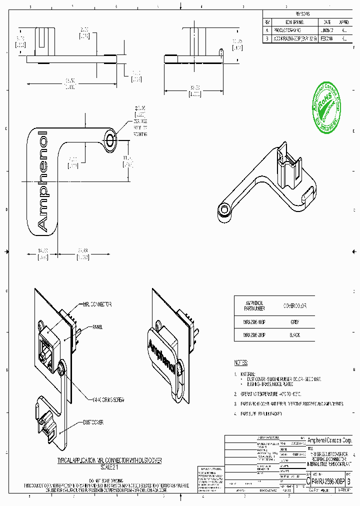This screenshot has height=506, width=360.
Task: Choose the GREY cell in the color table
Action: pos(294,322)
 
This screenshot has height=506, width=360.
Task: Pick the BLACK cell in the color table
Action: pos(294,335)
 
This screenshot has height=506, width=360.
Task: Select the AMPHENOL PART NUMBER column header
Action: pos(254,305)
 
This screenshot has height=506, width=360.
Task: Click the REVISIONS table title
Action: pos(303,14)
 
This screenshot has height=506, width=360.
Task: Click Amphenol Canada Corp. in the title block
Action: pos(329,440)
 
